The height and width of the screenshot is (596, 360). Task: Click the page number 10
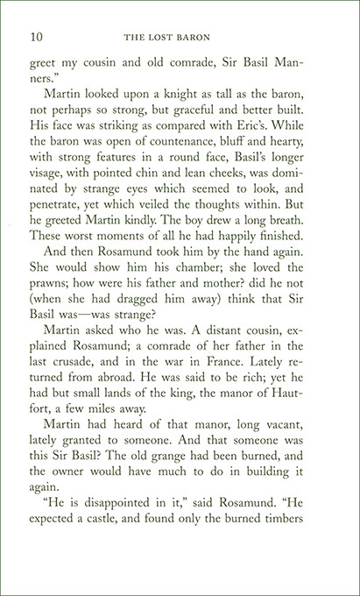click(37, 37)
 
